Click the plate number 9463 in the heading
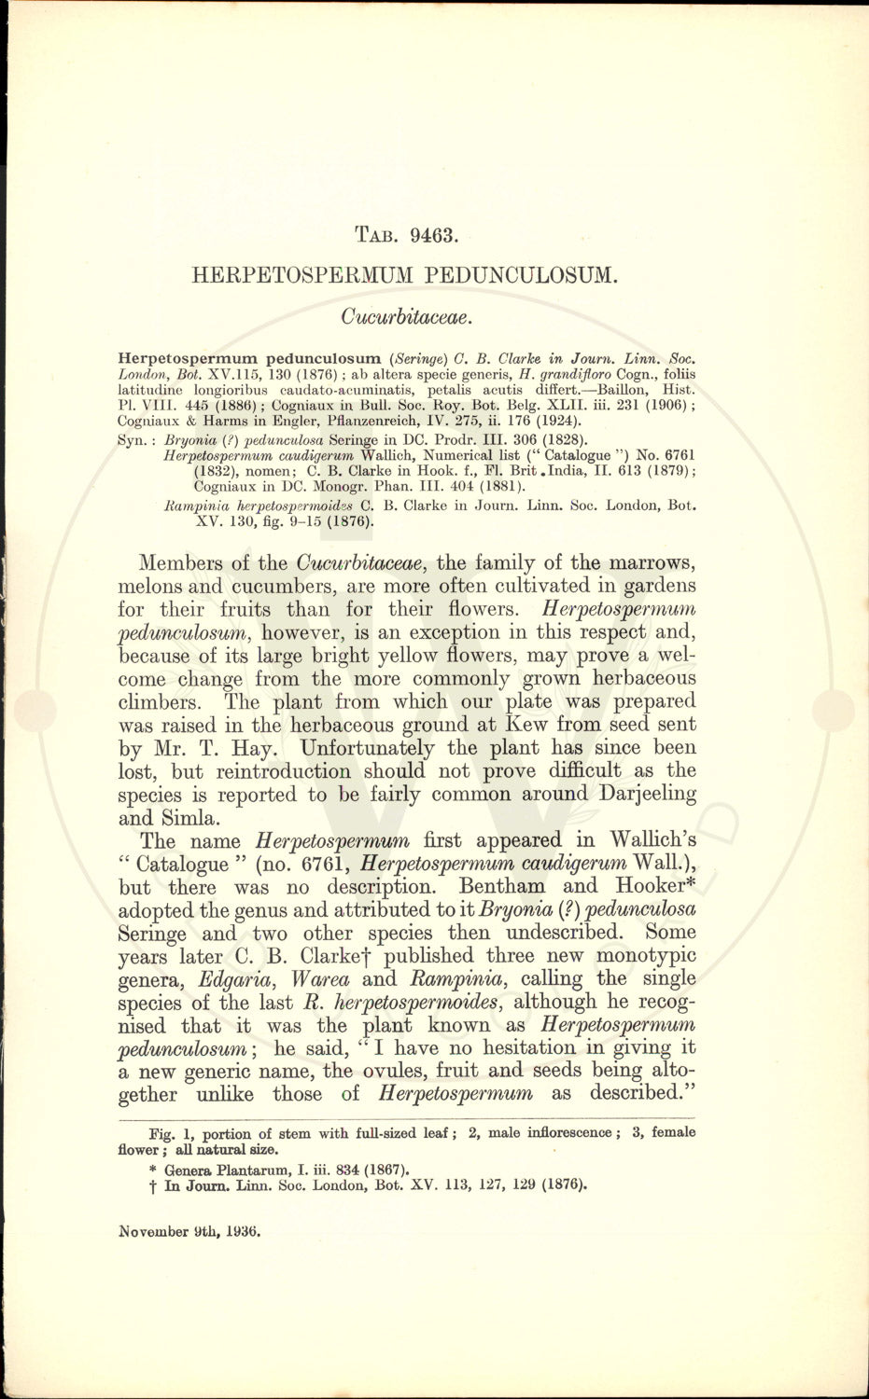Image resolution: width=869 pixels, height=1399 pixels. tap(432, 235)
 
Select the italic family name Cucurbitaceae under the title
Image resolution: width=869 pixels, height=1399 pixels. tap(409, 317)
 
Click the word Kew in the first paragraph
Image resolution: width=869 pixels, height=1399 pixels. tap(525, 725)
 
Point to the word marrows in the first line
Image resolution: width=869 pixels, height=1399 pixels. tap(650, 563)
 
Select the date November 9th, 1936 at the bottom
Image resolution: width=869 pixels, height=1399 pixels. tap(189, 1231)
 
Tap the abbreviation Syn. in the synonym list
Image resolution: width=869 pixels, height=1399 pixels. tap(138, 439)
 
